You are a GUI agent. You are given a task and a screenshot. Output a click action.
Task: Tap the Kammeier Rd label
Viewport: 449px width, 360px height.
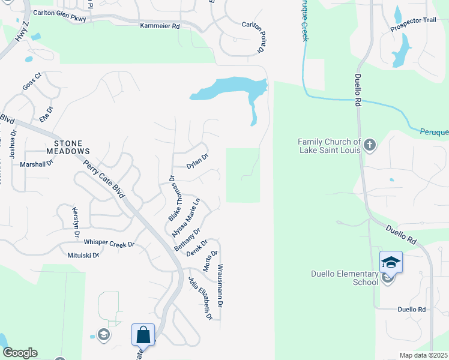pyautogui.click(x=160, y=26)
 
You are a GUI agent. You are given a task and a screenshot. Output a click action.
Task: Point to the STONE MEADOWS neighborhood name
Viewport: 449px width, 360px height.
pyautogui.click(x=72, y=148)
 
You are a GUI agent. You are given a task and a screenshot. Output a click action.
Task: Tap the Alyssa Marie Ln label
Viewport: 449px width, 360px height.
pyautogui.click(x=185, y=217)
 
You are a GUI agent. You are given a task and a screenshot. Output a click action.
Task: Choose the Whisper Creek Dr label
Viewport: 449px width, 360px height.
pyautogui.click(x=109, y=243)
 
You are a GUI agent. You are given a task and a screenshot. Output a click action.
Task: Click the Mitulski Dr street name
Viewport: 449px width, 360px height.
pyautogui.click(x=83, y=255)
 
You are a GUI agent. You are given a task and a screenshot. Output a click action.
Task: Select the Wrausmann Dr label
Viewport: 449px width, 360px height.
pyautogui.click(x=220, y=285)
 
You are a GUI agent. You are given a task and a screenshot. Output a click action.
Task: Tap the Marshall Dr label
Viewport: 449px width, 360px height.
pyautogui.click(x=37, y=164)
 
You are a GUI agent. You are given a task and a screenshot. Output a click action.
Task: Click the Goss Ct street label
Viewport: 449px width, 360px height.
pyautogui.click(x=31, y=81)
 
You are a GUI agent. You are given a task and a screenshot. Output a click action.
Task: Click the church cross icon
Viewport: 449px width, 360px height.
pyautogui.click(x=370, y=145)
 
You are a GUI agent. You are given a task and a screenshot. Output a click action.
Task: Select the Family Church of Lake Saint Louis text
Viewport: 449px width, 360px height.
pyautogui.click(x=330, y=146)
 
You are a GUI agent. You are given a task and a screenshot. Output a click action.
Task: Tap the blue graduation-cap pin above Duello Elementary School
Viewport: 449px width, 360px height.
pyautogui.click(x=390, y=262)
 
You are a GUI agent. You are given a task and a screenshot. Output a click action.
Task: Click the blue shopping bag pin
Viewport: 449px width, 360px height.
pyautogui.click(x=143, y=334)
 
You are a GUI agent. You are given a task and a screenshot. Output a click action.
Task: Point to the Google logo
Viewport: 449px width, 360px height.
pyautogui.click(x=19, y=353)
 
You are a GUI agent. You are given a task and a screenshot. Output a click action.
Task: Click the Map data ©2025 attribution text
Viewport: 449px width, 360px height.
pyautogui.click(x=423, y=355)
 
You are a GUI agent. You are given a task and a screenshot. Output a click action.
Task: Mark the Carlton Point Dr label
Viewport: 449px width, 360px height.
pyautogui.click(x=252, y=34)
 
